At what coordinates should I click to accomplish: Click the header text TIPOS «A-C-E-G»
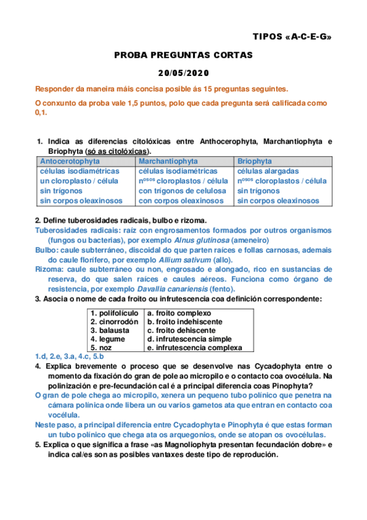[293, 37]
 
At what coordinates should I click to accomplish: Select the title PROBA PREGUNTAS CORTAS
[184, 55]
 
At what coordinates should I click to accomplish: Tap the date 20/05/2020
[184, 72]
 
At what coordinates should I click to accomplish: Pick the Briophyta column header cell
[255, 161]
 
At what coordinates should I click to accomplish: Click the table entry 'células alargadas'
[268, 171]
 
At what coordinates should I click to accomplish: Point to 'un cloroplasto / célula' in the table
[79, 181]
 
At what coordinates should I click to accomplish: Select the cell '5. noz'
[101, 347]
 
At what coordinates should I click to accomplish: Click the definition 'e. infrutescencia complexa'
[195, 347]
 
